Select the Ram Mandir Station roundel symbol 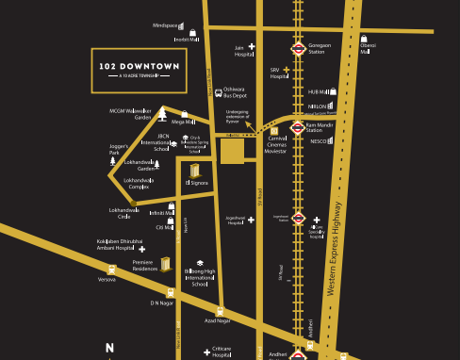pyautogui.click(x=298, y=127)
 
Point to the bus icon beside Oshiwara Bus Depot pyautogui.click(x=218, y=92)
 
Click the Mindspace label pyautogui.click(x=165, y=25)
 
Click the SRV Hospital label pyautogui.click(x=278, y=73)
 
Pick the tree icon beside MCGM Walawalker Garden pyautogui.click(x=163, y=114)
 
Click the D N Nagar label pyautogui.click(x=161, y=303)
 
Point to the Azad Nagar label pyautogui.click(x=217, y=321)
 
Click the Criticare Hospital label pyautogui.click(x=222, y=351)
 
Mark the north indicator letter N pyautogui.click(x=109, y=348)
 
